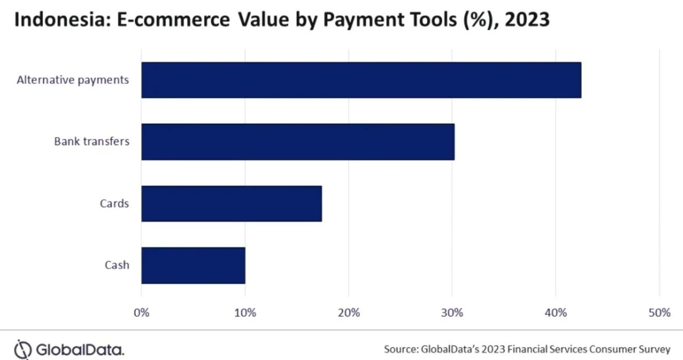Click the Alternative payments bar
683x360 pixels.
click(361, 80)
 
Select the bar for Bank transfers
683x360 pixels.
click(298, 142)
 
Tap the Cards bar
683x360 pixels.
click(232, 204)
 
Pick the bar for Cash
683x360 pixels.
click(193, 265)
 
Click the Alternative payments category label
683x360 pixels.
click(73, 80)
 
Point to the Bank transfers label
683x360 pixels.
click(91, 142)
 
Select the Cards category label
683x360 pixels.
click(114, 204)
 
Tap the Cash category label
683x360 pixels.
click(116, 265)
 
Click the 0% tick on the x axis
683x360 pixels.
click(141, 313)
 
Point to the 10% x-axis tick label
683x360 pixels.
click(245, 313)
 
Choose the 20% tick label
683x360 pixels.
click(348, 313)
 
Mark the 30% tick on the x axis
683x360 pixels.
click(452, 313)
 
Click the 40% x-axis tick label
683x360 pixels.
click(555, 313)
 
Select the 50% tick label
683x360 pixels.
click(659, 313)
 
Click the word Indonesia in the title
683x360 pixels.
click(55, 20)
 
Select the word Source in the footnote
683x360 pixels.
click(400, 350)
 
